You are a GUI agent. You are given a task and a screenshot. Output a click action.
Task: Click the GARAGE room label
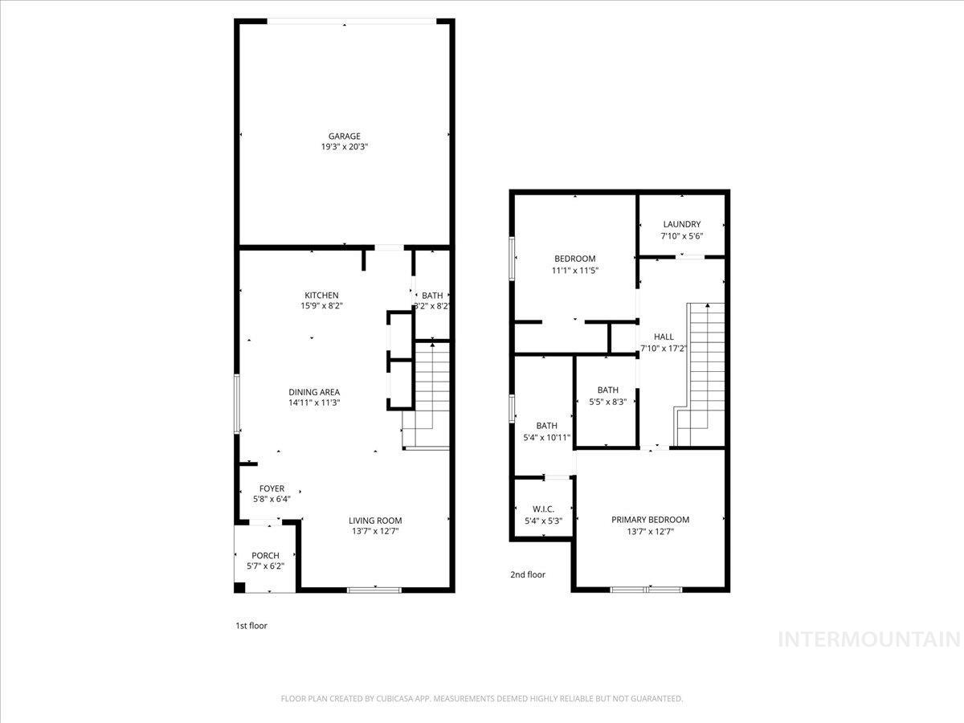pos(344,136)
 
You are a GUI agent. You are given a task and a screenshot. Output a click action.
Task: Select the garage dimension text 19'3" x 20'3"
pos(344,147)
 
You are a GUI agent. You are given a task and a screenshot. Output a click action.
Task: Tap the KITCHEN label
pos(321,295)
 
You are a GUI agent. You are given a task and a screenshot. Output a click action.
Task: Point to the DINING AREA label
pos(314,392)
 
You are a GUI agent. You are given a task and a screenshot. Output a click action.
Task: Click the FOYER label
pos(272,488)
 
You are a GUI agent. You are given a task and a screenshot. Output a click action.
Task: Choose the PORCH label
pos(265,555)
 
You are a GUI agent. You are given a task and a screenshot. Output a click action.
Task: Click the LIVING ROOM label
pos(375,520)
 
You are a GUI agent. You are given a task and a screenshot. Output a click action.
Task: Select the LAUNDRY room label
pos(681,224)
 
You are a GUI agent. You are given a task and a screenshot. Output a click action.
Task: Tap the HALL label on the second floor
pos(664,337)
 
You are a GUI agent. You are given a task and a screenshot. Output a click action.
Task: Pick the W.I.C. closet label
pos(543,509)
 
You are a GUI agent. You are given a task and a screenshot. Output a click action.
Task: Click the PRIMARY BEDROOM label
pos(650,520)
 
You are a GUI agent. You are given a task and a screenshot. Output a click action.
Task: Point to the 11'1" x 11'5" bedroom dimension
pos(574,270)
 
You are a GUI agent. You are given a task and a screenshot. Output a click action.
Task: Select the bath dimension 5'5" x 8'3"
pos(607,402)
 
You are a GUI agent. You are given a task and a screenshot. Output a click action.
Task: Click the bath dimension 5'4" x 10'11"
pos(546,437)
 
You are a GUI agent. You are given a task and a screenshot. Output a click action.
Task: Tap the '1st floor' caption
pos(251,625)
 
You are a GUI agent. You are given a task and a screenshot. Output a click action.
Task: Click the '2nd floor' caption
pos(528,574)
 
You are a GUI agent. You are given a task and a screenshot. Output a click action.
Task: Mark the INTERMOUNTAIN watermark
pos(870,639)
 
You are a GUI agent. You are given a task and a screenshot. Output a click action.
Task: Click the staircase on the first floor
pos(429,394)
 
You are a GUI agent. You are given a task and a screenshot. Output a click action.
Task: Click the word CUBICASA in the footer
pos(394,699)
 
